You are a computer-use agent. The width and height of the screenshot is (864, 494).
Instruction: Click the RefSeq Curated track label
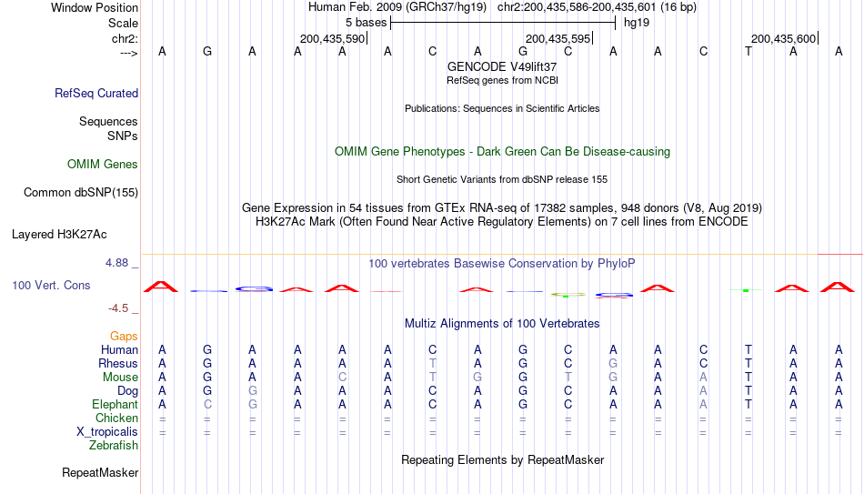(96, 93)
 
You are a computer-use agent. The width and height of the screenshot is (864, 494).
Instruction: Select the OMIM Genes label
(103, 165)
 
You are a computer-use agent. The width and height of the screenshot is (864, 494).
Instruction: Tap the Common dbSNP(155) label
(81, 193)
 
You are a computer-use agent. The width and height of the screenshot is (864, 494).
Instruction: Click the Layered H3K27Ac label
(59, 235)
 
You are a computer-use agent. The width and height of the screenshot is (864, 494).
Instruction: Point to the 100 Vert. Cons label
(51, 285)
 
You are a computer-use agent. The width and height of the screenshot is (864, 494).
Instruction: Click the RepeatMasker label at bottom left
(100, 472)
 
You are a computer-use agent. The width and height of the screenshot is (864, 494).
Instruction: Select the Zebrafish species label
(114, 445)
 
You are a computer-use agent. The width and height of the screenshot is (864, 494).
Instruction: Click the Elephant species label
(115, 404)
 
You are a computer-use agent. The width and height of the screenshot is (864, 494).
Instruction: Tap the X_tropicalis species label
(107, 432)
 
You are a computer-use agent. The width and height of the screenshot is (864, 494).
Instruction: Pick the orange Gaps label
(124, 337)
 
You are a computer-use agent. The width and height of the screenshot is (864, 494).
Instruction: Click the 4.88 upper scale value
(116, 263)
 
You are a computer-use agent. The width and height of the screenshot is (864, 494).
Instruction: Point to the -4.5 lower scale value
(118, 308)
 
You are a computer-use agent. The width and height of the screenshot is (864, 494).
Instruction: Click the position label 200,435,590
(332, 39)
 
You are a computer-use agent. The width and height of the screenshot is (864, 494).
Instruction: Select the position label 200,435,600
(783, 39)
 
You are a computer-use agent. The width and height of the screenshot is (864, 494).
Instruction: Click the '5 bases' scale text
(366, 23)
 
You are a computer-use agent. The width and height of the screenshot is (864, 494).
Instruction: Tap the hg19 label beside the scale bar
(637, 23)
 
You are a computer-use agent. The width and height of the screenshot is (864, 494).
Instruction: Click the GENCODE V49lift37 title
(502, 66)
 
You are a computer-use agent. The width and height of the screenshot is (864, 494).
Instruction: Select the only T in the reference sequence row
(748, 51)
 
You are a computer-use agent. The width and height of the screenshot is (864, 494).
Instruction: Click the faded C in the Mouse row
(342, 378)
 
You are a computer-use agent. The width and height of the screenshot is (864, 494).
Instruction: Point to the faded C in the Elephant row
(207, 404)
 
